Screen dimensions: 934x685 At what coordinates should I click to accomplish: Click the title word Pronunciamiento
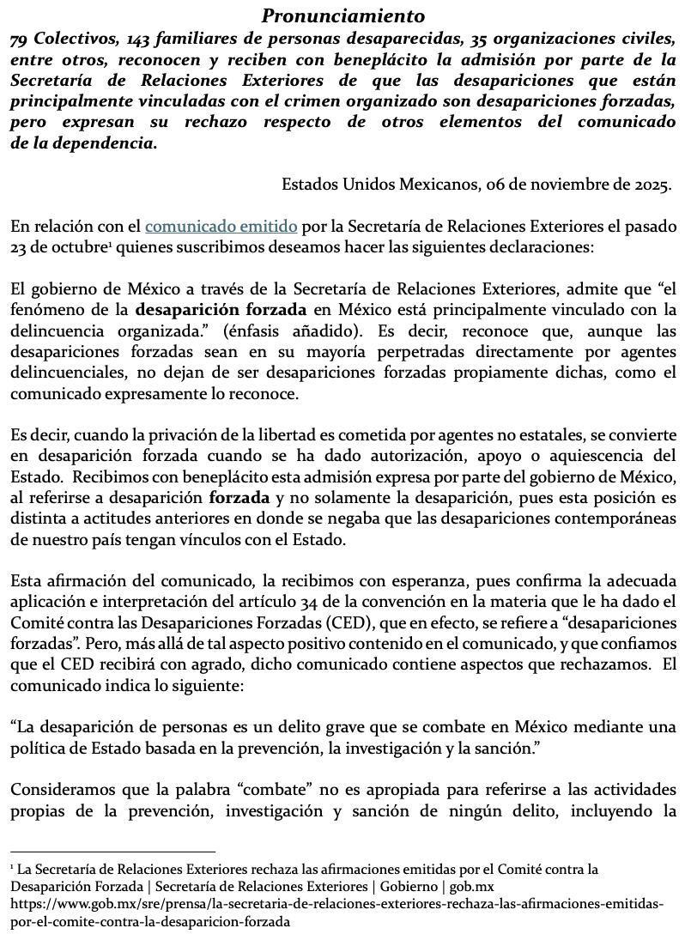coord(342,15)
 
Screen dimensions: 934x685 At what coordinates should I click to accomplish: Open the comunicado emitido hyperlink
coord(221,227)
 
